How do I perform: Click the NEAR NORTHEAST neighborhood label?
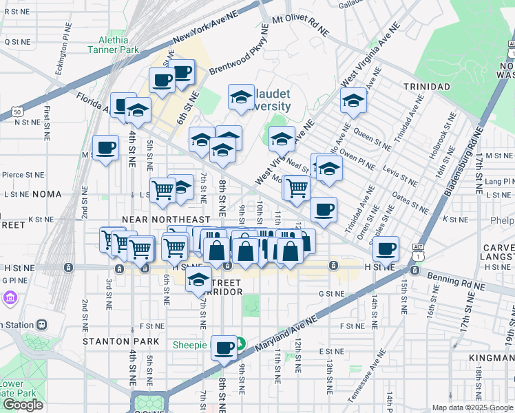click(x=165, y=219)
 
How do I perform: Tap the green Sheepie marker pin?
click(x=241, y=343)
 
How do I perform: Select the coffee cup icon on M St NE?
click(x=106, y=147)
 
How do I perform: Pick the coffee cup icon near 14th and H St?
click(x=387, y=248)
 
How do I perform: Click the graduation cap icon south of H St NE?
click(x=198, y=279)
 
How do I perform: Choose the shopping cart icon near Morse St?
click(x=297, y=187)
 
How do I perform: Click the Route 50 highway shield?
click(x=15, y=111)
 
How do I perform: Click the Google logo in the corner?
click(x=23, y=405)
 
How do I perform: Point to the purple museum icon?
click(x=10, y=298)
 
